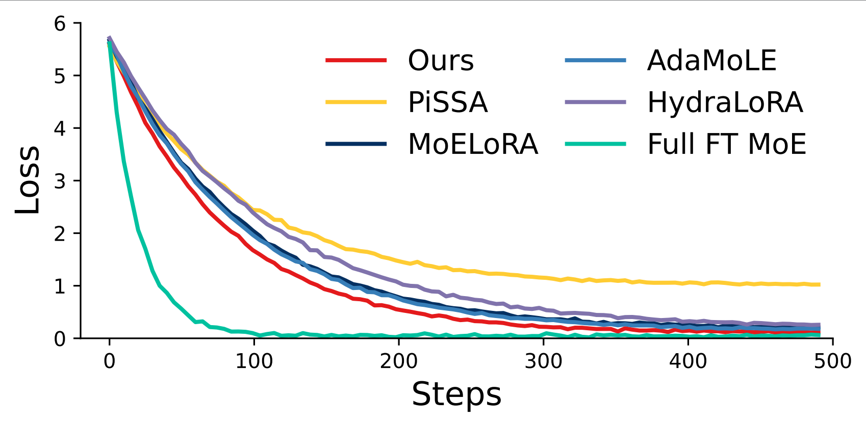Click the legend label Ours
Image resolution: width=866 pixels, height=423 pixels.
[441, 61]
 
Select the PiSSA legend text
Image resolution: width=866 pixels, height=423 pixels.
[447, 102]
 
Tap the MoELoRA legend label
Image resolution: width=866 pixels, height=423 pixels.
[473, 144]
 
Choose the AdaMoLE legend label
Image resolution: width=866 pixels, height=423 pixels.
[711, 61]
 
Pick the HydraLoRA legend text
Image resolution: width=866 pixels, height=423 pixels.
[725, 102]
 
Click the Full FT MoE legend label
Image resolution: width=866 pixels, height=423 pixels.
[726, 144]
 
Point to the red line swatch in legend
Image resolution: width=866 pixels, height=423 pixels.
[356, 61]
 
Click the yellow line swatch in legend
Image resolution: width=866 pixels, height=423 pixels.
[356, 102]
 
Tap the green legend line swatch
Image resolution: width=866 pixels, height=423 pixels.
[595, 144]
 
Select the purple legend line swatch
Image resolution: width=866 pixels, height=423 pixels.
[595, 102]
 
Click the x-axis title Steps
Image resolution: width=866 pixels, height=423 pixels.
[456, 394]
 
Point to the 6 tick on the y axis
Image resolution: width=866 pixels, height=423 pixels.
[60, 23]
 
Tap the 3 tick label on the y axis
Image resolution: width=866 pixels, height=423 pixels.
[60, 181]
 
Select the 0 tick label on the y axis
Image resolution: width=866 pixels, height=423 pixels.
[60, 338]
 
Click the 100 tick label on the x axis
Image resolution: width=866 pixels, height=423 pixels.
[254, 361]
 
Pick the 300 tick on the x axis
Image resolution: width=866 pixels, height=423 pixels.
[543, 361]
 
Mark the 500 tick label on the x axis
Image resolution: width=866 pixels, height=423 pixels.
[832, 361]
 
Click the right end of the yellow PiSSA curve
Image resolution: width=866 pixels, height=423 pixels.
[819, 284]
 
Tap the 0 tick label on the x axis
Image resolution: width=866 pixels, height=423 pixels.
[109, 361]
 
